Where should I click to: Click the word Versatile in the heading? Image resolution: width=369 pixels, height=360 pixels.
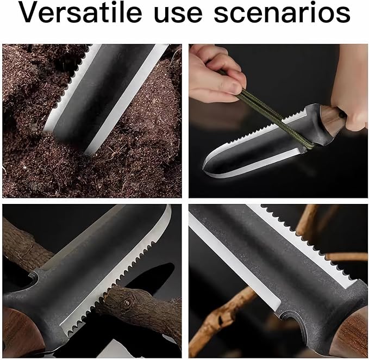(81, 13)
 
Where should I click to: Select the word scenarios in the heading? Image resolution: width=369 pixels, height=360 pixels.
(282, 13)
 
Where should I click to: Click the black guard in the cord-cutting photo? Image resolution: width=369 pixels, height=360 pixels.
(315, 125)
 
